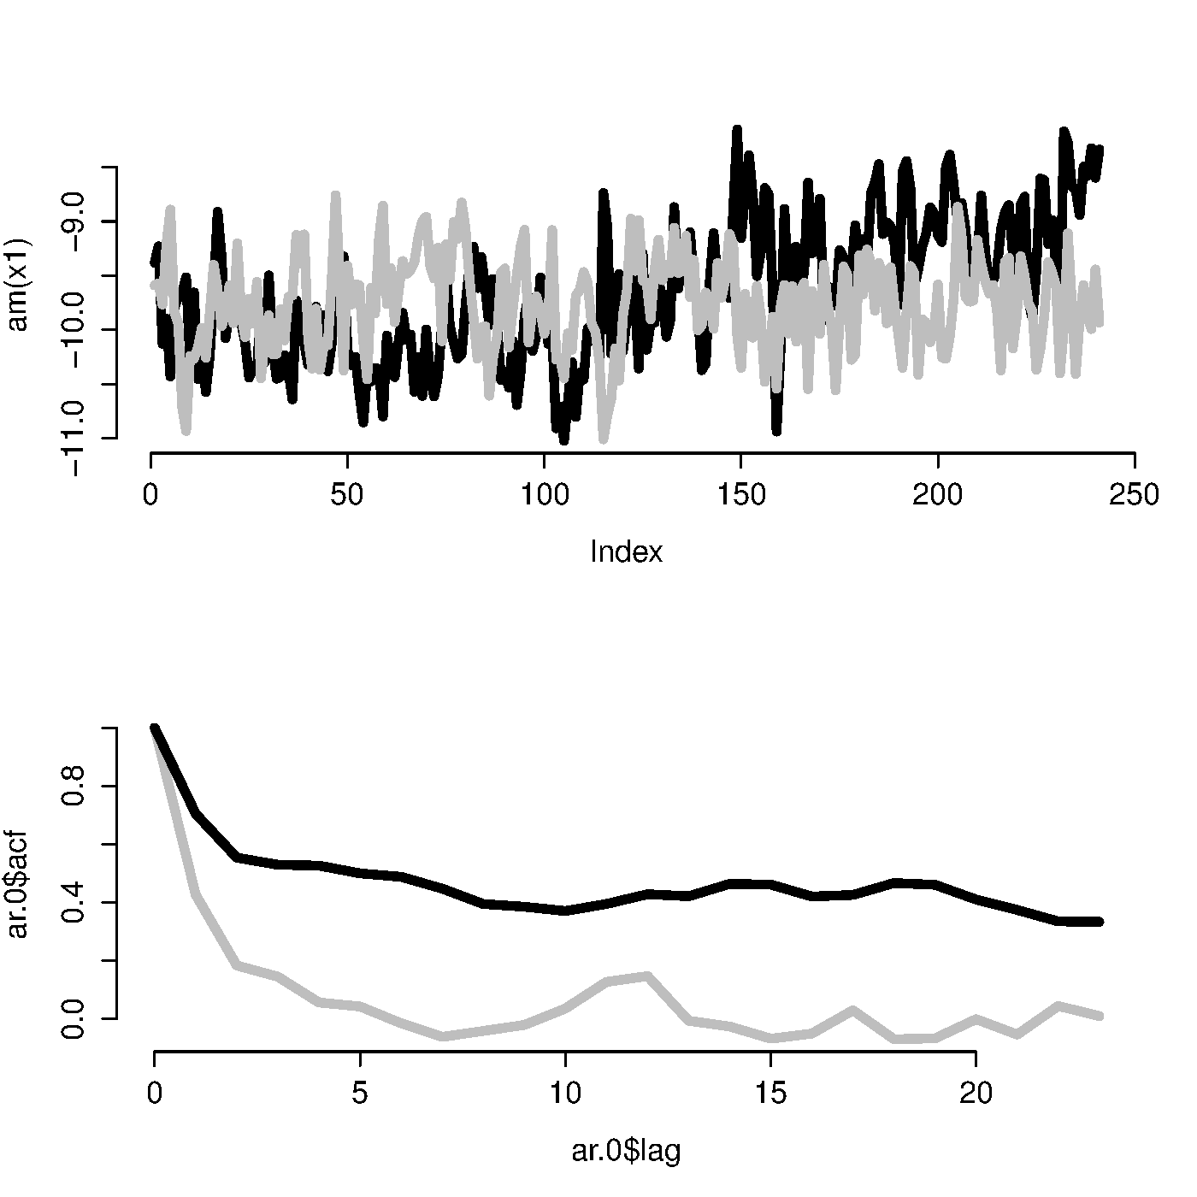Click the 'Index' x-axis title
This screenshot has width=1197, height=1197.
[x=626, y=552]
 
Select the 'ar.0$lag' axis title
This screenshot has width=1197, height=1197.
[x=626, y=1152]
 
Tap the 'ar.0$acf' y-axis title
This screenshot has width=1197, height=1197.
[x=18, y=884]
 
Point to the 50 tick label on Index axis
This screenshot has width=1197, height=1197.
[x=347, y=495]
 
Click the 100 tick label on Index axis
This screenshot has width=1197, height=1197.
[x=544, y=495]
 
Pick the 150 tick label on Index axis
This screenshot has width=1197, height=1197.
[x=740, y=495]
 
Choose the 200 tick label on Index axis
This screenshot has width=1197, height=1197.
[x=937, y=495]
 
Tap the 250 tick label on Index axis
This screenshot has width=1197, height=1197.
[x=1134, y=495]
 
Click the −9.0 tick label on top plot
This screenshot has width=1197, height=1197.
[x=74, y=221]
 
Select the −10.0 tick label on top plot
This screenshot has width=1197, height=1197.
[x=74, y=330]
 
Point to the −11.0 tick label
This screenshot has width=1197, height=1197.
[x=74, y=438]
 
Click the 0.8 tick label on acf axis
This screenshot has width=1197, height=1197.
[x=74, y=787]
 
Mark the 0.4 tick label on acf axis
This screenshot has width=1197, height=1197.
[x=74, y=903]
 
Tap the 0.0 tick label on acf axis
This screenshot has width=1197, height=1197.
[x=74, y=1018]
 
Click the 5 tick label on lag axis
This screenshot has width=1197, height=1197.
[x=360, y=1094]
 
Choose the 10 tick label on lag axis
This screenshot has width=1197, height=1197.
[x=565, y=1094]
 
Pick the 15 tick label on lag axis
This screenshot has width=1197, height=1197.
[x=770, y=1094]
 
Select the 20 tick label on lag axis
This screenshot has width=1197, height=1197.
[x=976, y=1094]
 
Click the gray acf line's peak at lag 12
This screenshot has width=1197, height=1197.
[x=647, y=976]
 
